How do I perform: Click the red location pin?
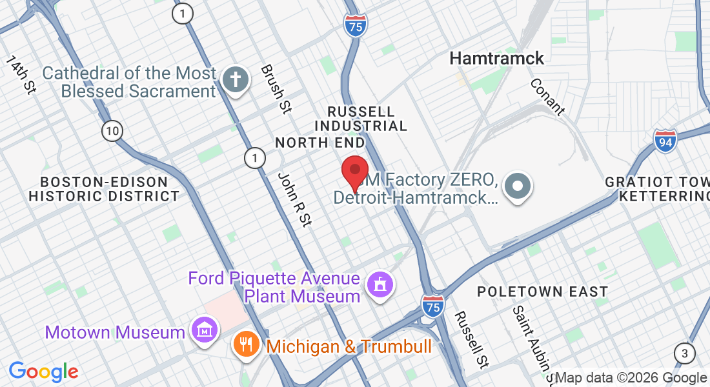354,172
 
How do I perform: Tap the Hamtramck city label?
496,58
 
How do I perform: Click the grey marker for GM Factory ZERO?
518,186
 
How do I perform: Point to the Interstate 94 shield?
665,141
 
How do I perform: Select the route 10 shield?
112,131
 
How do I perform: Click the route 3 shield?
684,353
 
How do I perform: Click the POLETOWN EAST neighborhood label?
542,292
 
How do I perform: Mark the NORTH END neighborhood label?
319,142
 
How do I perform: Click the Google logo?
44,372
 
